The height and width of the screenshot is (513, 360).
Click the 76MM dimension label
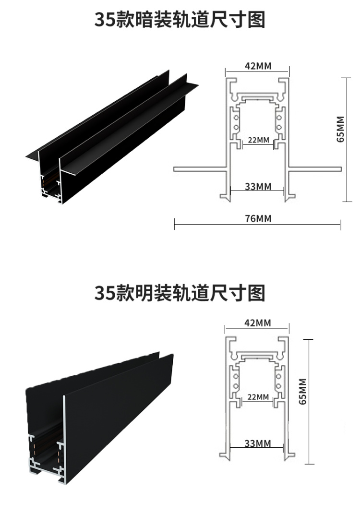click(258, 218)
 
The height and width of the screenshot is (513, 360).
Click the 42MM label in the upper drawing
click(258, 66)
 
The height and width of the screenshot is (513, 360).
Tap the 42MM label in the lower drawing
click(258, 323)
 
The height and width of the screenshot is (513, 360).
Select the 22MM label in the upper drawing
click(259, 140)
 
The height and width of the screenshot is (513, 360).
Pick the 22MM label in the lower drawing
click(258, 397)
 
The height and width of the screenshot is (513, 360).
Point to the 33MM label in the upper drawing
click(258, 187)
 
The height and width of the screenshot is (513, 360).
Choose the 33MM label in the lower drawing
click(258, 443)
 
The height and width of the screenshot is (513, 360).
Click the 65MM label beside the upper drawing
click(341, 129)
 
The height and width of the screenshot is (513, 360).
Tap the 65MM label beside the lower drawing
click(303, 392)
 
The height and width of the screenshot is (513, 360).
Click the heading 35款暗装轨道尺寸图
click(180, 20)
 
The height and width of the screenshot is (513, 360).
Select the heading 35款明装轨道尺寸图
click(180, 293)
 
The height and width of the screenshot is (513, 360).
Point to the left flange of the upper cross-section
click(200, 169)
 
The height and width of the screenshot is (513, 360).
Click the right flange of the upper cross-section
click(315, 169)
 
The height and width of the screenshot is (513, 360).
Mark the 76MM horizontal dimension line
click(258, 225)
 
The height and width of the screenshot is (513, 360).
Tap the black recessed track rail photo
click(112, 137)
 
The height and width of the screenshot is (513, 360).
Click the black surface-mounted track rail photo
click(99, 418)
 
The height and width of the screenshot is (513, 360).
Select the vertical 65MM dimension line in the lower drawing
click(309, 402)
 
